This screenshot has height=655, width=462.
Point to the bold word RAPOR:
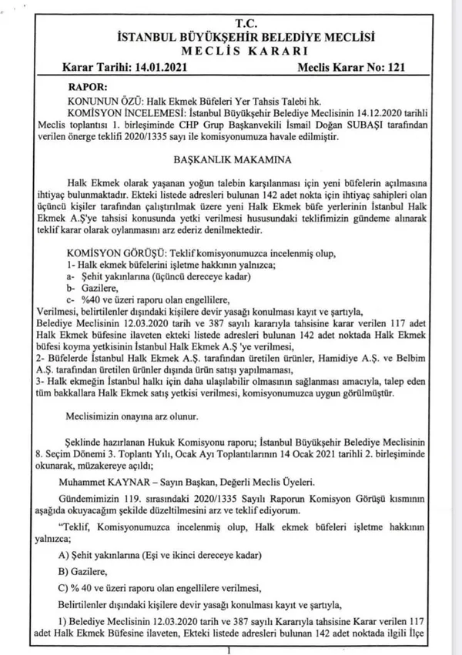click(90, 88)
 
